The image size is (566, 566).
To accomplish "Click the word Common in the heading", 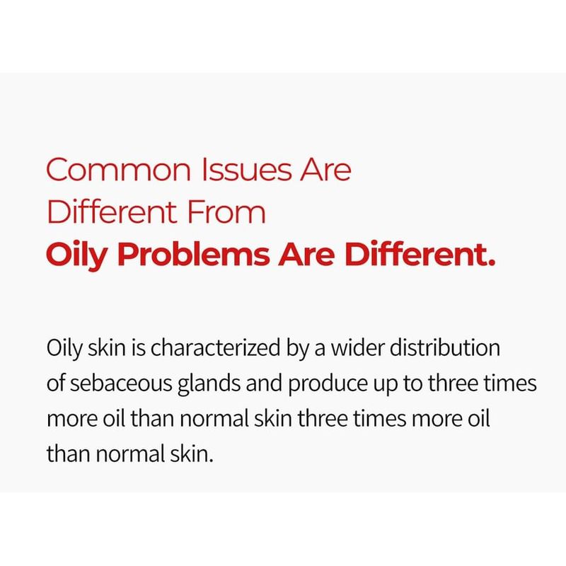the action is [x=118, y=170].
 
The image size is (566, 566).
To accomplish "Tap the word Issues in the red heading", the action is [x=246, y=170].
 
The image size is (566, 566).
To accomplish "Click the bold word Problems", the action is [x=193, y=254].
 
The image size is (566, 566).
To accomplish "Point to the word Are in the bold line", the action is [x=306, y=254].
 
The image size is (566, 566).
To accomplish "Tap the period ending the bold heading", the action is [x=491, y=262].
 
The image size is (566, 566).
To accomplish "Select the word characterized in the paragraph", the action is [x=216, y=348].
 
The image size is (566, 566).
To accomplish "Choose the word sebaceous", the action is [x=121, y=383].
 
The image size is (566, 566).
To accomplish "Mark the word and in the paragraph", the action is [x=264, y=383].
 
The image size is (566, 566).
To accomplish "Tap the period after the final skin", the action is [x=211, y=461].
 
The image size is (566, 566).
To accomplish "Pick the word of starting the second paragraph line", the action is [x=56, y=383].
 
